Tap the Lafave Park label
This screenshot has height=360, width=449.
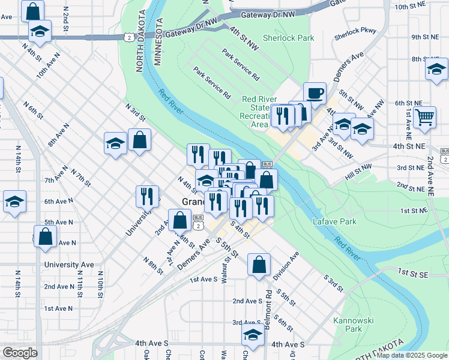pos(334,222)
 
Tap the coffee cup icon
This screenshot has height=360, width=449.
pos(315,94)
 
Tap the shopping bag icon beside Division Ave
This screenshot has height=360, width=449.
pos(258,265)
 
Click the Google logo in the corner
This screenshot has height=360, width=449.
pos(20,352)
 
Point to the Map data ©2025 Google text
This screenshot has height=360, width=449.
pos(411,356)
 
